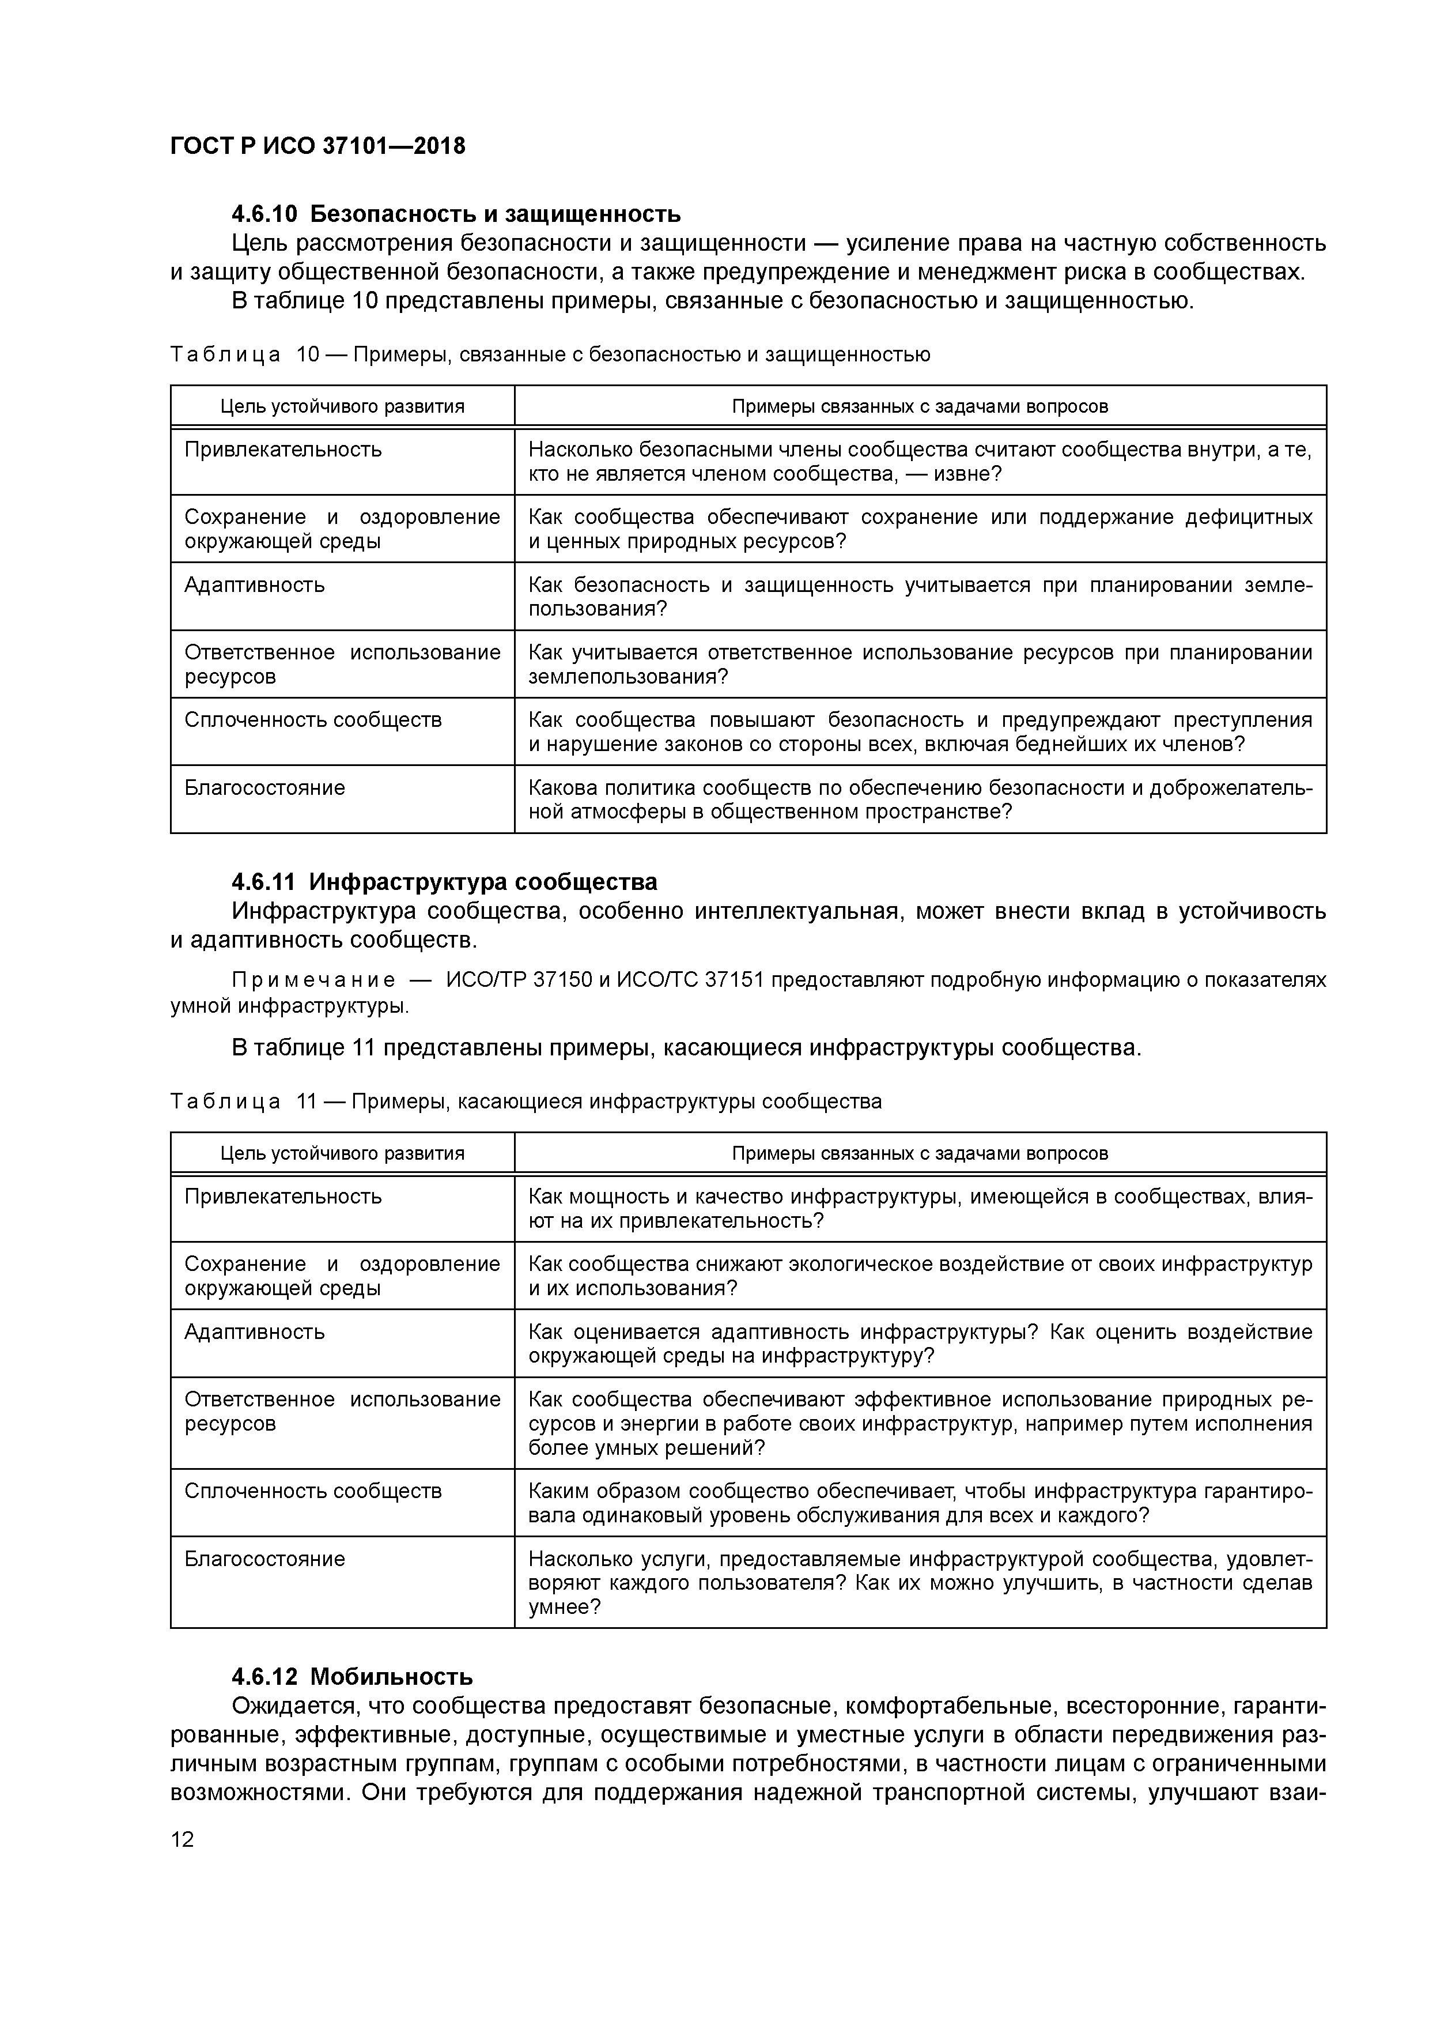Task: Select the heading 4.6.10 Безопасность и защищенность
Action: (x=456, y=214)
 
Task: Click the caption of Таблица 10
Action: (x=549, y=354)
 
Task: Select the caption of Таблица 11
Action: (x=526, y=1101)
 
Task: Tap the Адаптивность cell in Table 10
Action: (x=255, y=585)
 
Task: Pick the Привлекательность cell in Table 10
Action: (x=282, y=450)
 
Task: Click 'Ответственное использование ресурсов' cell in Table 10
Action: (x=342, y=664)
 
